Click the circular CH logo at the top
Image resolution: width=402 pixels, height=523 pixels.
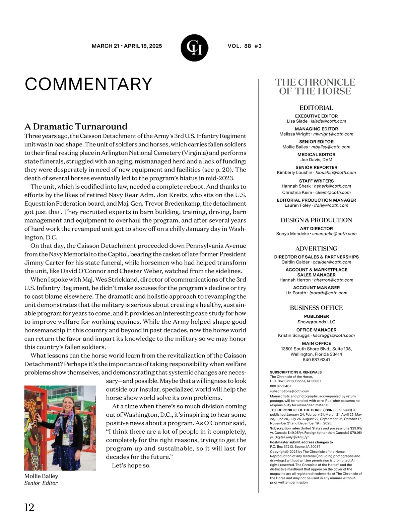[194, 48]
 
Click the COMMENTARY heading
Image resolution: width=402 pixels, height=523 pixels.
[88, 84]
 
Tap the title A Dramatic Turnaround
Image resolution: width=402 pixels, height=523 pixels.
[76, 126]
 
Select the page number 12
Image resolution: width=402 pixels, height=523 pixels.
[29, 507]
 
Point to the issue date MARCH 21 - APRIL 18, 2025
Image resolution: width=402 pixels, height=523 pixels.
[127, 46]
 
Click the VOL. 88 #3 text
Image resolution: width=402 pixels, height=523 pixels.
[245, 46]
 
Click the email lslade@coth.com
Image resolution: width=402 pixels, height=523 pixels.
[328, 121]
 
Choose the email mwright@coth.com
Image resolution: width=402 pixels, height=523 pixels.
[333, 134]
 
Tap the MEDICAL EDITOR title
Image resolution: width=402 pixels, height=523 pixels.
[316, 154]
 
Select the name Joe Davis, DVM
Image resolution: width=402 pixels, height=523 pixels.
[316, 160]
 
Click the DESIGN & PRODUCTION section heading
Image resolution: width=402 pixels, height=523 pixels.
[316, 220]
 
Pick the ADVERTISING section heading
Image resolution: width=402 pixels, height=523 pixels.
[316, 248]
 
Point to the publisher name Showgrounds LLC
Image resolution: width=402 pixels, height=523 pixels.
[316, 322]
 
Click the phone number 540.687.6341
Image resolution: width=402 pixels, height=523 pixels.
[316, 360]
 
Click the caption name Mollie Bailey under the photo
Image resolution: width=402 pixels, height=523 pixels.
[41, 476]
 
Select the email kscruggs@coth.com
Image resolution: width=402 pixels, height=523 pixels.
[333, 335]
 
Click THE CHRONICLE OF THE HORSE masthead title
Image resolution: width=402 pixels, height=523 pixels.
[315, 87]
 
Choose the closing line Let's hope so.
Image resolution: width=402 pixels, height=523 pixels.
[131, 465]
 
